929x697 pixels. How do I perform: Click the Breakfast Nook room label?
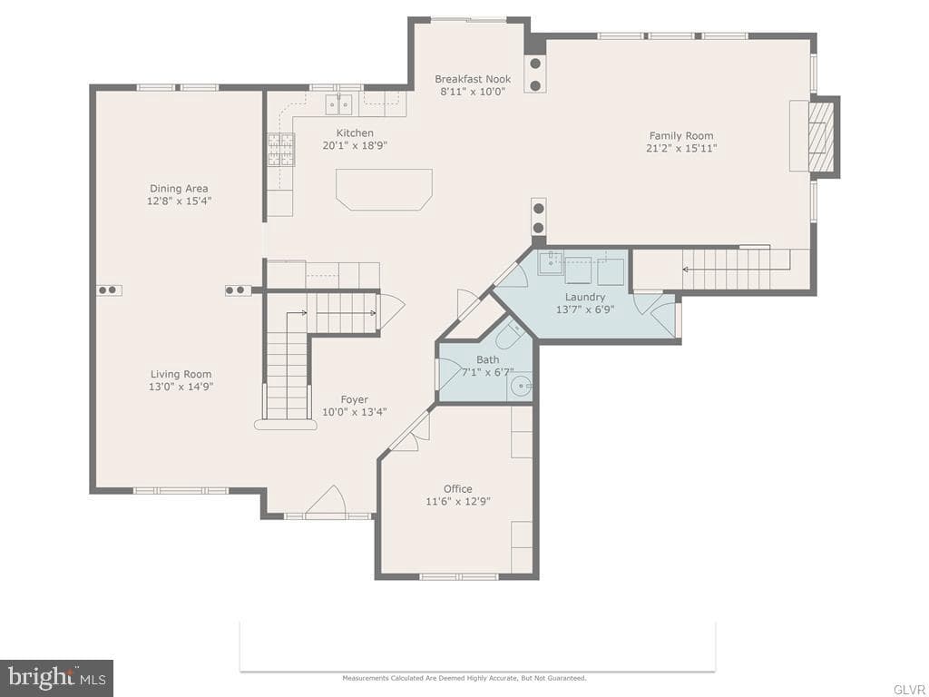pyautogui.click(x=472, y=79)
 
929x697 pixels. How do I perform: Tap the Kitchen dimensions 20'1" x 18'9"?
pyautogui.click(x=355, y=146)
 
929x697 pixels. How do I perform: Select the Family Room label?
pyautogui.click(x=681, y=136)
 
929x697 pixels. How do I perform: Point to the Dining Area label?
pyautogui.click(x=179, y=189)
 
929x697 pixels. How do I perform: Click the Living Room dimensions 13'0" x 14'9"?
pyautogui.click(x=181, y=387)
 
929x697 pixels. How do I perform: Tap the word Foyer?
pyautogui.click(x=355, y=400)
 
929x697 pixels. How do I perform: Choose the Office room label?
pyautogui.click(x=458, y=489)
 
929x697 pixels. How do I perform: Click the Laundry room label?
pyautogui.click(x=585, y=297)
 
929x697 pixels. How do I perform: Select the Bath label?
pyautogui.click(x=487, y=359)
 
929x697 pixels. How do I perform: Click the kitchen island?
pyautogui.click(x=384, y=190)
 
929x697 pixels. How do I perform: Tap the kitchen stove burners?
pyautogui.click(x=281, y=150)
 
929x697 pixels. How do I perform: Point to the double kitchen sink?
pyautogui.click(x=338, y=104)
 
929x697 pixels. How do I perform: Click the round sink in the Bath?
pyautogui.click(x=520, y=387)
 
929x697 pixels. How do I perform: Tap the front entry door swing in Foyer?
pyautogui.click(x=326, y=501)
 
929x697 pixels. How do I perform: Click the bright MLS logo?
pyautogui.click(x=57, y=675)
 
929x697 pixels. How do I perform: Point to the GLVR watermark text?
pyautogui.click(x=909, y=690)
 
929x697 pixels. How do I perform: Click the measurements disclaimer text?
pyautogui.click(x=464, y=678)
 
